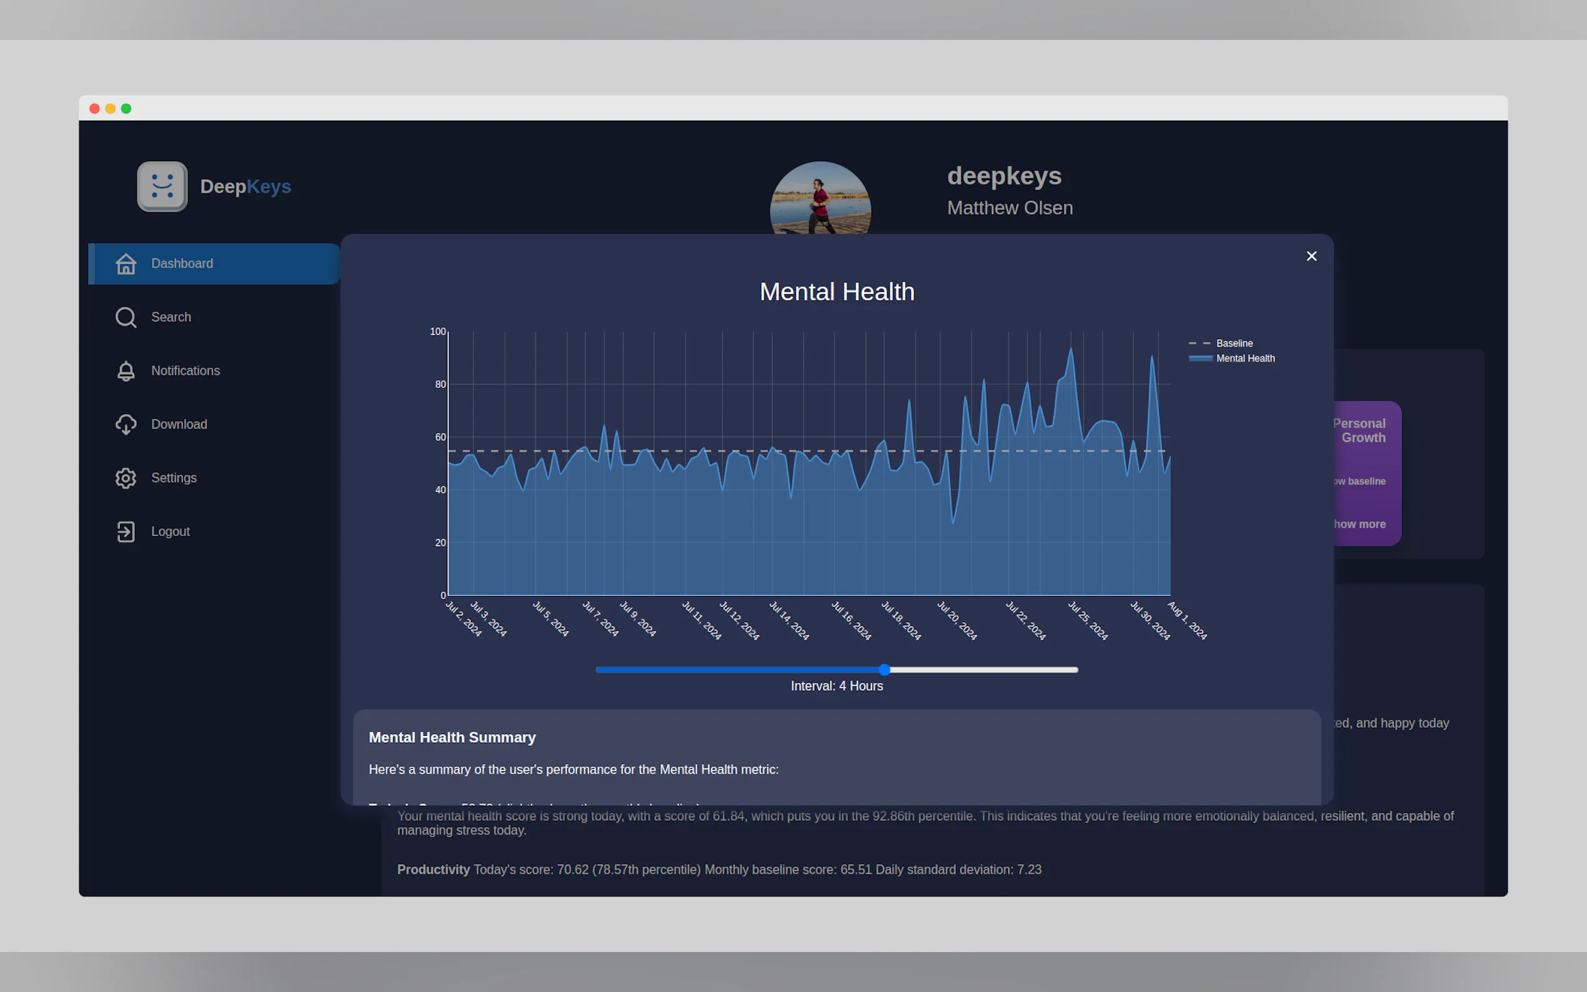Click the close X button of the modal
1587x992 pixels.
1311,257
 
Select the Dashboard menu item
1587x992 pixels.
182,264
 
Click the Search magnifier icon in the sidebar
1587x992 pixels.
126,317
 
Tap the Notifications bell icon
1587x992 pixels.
126,371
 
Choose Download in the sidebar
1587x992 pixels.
179,425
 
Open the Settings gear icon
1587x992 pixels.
126,479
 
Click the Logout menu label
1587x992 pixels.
170,532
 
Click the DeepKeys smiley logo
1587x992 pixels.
162,187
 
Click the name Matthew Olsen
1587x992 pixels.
1010,208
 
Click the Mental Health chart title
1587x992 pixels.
837,292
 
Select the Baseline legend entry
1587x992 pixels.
1233,343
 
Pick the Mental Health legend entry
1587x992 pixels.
1245,358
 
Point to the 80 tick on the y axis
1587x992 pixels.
440,384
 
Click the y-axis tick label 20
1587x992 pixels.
440,543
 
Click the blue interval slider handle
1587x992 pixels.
884,670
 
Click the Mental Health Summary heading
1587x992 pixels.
452,737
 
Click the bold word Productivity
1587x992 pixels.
433,870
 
